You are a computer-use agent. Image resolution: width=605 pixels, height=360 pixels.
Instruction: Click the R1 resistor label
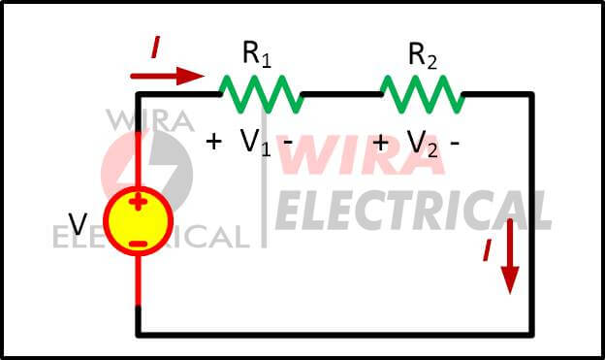point(257,55)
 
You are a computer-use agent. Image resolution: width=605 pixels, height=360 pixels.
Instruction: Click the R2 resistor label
point(423,55)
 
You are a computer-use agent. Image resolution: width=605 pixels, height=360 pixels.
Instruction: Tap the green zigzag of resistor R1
point(261,94)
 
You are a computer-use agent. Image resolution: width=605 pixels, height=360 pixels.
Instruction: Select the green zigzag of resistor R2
point(422,94)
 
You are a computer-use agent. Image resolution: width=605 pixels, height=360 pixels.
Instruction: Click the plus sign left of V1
point(214,141)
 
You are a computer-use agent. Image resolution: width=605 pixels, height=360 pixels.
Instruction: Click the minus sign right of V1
point(287,141)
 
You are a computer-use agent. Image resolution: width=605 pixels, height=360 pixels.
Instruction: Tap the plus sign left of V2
point(380,142)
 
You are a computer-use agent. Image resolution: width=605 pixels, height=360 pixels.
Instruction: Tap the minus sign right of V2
point(455,142)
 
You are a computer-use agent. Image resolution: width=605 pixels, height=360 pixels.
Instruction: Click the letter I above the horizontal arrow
point(153,45)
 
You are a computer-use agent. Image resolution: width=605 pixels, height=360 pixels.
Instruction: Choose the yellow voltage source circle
point(138,221)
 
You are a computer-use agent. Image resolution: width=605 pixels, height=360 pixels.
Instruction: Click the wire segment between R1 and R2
point(341,94)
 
